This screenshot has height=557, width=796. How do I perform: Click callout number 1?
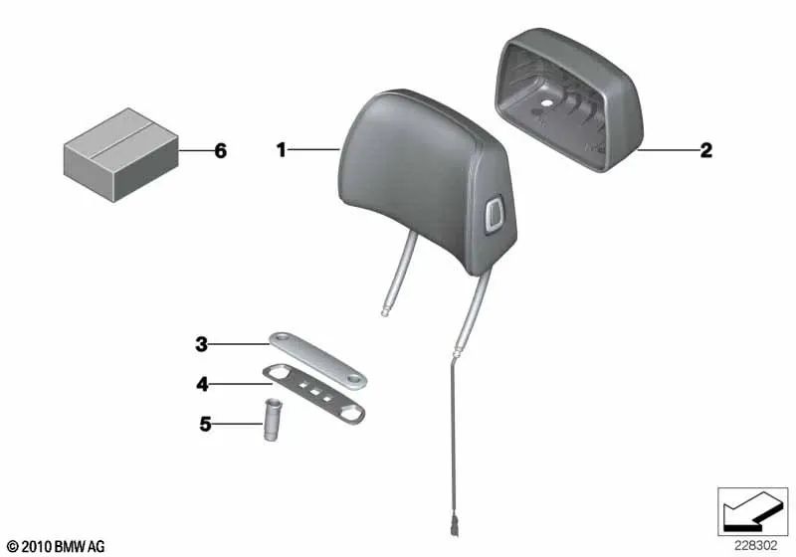pos(281,149)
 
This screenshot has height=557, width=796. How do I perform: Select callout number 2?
pos(705,150)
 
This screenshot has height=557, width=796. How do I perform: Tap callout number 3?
pos(202,344)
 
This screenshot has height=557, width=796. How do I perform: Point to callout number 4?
pos(202,385)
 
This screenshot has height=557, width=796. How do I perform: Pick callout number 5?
pos(205,424)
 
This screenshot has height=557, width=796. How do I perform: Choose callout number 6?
pos(220,150)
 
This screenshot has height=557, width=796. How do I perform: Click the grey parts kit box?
pos(120,155)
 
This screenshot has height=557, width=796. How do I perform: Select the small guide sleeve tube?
pos(273,420)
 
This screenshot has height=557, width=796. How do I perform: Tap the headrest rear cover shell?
pos(568,99)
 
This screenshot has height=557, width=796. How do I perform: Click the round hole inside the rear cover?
pos(546,103)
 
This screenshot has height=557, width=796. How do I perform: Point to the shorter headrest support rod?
pos(400,274)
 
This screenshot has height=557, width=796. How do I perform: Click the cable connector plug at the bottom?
pos(454,526)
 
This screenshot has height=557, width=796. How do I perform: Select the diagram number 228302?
pos(755,546)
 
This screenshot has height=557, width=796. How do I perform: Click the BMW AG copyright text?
pos(56,547)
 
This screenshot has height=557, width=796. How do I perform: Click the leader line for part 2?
pos(667,150)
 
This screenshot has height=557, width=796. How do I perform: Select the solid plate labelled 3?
pos(317,361)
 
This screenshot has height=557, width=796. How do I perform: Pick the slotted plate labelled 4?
pos(313,394)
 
